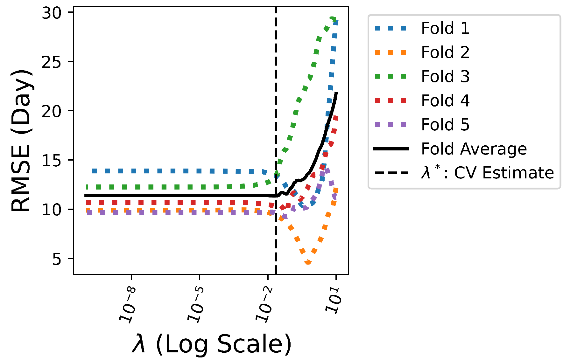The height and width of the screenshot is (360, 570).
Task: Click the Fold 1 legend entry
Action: pos(445,28)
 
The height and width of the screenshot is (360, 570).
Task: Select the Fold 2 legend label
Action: pos(445,52)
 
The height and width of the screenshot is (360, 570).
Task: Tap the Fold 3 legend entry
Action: pos(445,77)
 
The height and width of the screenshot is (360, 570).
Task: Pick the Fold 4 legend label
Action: pos(445,101)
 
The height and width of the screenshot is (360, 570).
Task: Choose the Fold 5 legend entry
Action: pos(445,125)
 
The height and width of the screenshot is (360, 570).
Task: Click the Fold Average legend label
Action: pos(474,149)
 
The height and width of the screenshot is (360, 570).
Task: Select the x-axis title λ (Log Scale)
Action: pos(211,344)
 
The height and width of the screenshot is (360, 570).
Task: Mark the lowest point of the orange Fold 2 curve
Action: pos(308,263)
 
